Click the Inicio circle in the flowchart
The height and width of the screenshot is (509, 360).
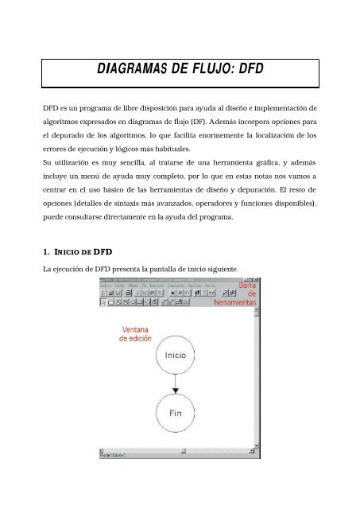tap(176, 356)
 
